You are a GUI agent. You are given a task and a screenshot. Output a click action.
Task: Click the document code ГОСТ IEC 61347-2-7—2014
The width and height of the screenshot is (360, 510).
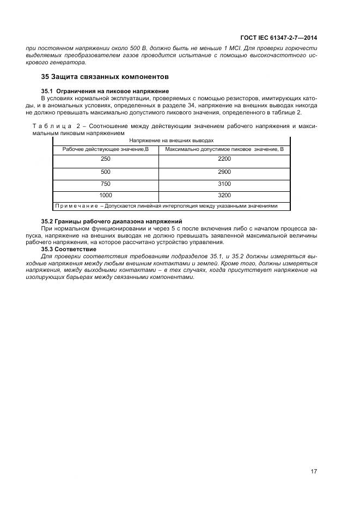click(278, 38)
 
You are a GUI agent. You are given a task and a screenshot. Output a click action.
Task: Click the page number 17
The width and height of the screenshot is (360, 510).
click(314, 471)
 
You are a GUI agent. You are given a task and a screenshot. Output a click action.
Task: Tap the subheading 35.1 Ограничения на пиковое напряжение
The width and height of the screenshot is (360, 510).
click(105, 90)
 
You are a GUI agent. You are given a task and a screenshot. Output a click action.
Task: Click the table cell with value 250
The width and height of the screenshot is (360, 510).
click(106, 159)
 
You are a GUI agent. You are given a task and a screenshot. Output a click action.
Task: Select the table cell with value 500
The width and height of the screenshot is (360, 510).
click(106, 171)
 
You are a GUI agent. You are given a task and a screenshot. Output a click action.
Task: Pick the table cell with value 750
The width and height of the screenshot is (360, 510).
click(106, 184)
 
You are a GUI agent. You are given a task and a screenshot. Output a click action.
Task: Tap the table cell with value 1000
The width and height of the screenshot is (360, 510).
click(106, 195)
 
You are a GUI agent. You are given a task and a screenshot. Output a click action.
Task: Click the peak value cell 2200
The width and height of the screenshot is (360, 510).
click(224, 159)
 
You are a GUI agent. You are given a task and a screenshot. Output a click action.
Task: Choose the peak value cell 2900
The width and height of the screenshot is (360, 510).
click(224, 171)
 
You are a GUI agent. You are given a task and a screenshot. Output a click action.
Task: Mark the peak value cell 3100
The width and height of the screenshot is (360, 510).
click(224, 184)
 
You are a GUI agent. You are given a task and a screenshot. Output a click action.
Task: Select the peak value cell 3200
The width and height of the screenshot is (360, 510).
click(224, 195)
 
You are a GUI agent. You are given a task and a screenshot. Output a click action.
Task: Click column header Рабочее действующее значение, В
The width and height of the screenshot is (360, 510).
click(106, 149)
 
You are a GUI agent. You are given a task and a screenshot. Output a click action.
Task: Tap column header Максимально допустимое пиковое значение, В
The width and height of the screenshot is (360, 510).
click(224, 149)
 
